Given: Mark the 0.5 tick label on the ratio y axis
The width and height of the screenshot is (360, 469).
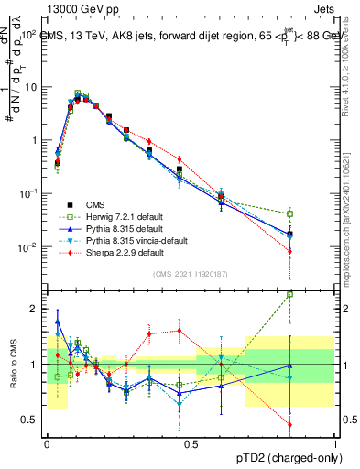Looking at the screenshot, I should click(33, 420).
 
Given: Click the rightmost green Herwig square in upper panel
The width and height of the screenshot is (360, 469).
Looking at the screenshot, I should click(289, 214).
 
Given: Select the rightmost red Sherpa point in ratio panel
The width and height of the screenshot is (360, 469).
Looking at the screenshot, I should click(289, 425).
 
